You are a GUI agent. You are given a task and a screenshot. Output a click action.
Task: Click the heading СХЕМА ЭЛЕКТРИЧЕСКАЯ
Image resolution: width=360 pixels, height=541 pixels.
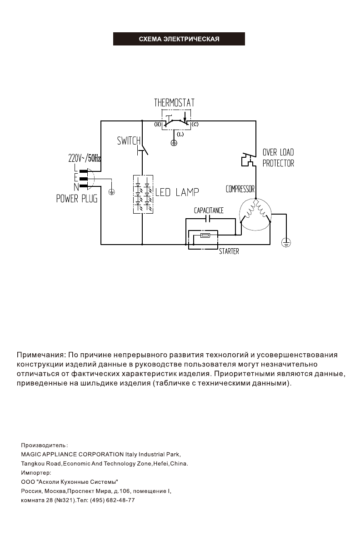pyautogui.click(x=179, y=39)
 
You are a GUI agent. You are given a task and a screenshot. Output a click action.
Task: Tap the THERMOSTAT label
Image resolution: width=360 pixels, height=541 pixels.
pyautogui.click(x=175, y=103)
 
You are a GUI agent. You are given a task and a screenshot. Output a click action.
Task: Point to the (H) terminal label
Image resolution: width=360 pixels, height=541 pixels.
pyautogui.click(x=157, y=124)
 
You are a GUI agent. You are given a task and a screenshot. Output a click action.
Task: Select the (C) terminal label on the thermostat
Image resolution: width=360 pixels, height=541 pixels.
pyautogui.click(x=195, y=124)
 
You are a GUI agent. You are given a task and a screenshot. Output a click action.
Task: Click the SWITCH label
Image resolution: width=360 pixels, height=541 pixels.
pyautogui.click(x=129, y=141)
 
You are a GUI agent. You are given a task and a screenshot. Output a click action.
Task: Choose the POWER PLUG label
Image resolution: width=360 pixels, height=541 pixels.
pyautogui.click(x=76, y=199)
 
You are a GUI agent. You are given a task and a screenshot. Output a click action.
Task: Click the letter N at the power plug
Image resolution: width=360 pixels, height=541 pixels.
pyautogui.click(x=76, y=186)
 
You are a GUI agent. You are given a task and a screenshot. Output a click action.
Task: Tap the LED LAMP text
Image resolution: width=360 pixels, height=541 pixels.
pyautogui.click(x=177, y=193)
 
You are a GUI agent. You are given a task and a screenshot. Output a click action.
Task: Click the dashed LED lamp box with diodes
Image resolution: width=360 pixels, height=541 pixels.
pyautogui.click(x=143, y=194)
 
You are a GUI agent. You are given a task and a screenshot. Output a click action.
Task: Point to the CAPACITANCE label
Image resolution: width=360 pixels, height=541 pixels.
pyautogui.click(x=209, y=211)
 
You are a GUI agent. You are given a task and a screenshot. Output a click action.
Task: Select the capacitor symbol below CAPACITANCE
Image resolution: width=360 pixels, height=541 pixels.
pyautogui.click(x=208, y=219)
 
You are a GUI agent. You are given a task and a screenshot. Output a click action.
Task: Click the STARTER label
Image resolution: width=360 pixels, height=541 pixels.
pyautogui.click(x=229, y=251)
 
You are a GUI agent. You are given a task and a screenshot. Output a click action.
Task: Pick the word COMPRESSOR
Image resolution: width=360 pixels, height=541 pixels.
pyautogui.click(x=240, y=189)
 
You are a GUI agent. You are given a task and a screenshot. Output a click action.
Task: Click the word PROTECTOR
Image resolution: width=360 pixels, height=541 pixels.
pyautogui.click(x=278, y=163)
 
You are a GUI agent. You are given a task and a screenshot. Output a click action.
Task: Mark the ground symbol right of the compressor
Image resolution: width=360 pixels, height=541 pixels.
pyautogui.click(x=286, y=243)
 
